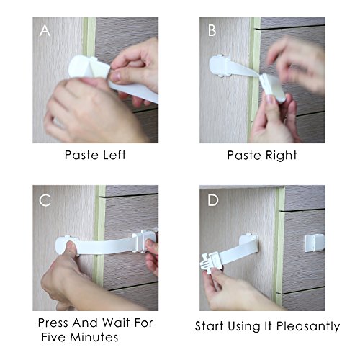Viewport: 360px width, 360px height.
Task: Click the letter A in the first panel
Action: tap(45, 31)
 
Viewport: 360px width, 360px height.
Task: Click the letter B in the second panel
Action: tap(212, 31)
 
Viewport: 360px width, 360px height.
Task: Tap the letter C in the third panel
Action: tap(45, 200)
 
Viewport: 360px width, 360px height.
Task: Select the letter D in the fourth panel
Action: tap(213, 200)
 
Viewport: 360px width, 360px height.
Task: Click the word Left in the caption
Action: tap(114, 155)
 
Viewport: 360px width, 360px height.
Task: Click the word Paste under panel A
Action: tap(81, 155)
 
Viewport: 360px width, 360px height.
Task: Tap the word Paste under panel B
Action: tap(243, 156)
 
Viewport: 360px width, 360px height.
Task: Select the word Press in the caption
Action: tap(53, 323)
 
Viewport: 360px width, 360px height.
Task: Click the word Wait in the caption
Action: tap(116, 323)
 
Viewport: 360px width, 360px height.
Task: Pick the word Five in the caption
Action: tap(53, 337)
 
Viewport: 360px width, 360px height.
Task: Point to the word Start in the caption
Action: tap(210, 326)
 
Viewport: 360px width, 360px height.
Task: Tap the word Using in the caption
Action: tap(244, 327)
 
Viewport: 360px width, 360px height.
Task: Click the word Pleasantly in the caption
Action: tap(308, 327)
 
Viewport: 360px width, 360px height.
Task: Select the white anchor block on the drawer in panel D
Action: tap(315, 243)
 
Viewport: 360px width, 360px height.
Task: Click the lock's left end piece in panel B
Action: tap(220, 66)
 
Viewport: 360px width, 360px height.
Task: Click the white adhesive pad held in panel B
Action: tap(273, 87)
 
